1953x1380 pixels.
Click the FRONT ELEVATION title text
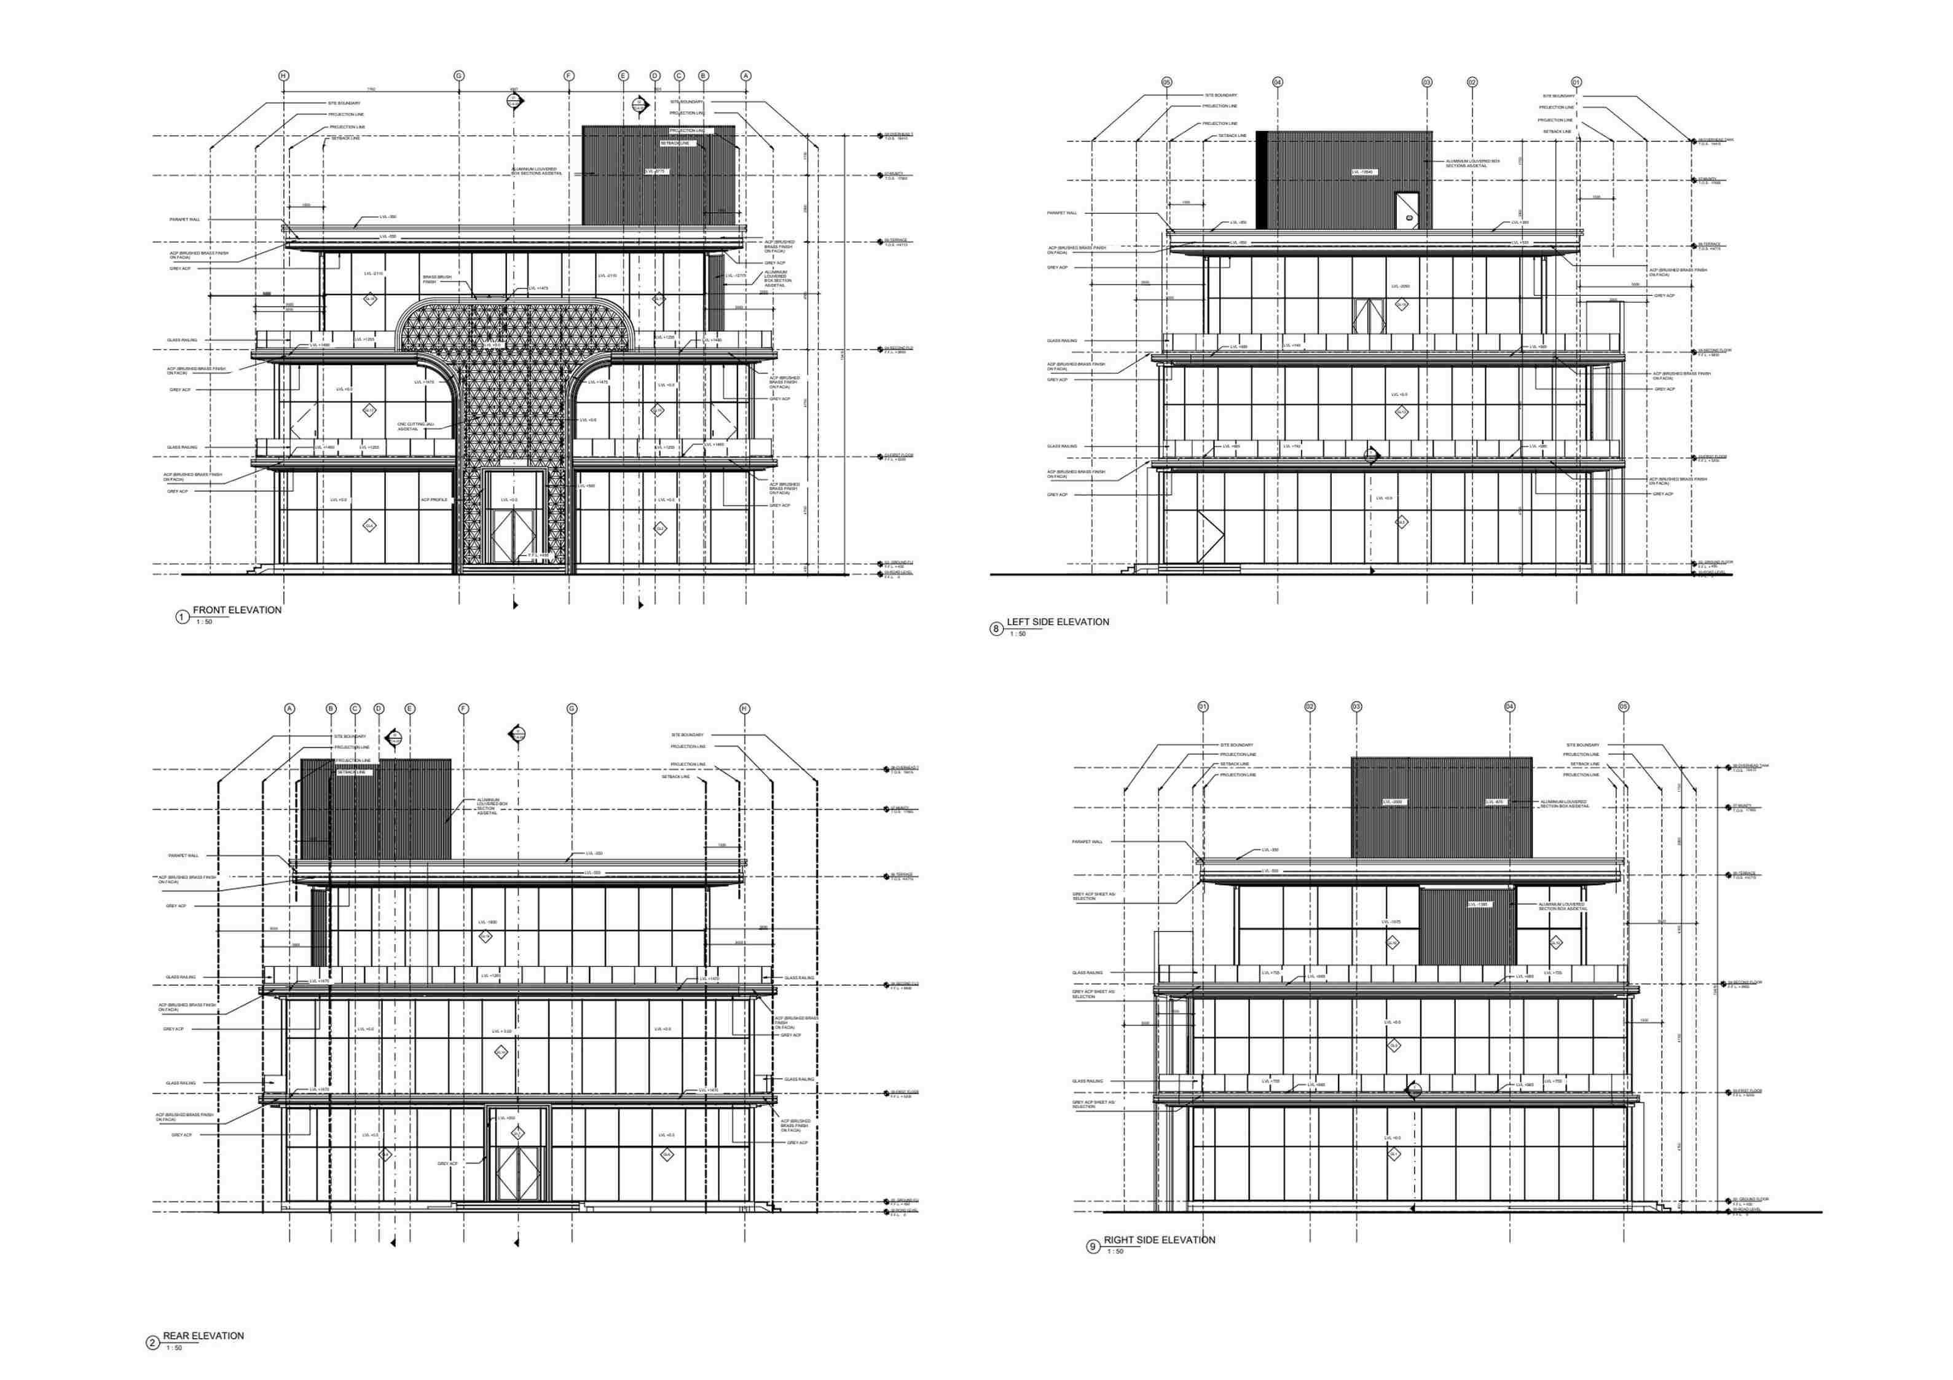[237, 610]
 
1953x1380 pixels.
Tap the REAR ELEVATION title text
[203, 1336]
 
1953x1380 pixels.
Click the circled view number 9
[1093, 1247]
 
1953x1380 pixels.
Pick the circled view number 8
[996, 629]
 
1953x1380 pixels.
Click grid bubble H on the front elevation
[284, 76]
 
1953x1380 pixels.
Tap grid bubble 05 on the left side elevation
[1167, 82]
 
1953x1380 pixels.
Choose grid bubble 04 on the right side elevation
[1510, 707]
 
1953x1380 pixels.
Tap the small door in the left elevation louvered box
[1407, 210]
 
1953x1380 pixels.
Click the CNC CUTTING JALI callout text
[415, 426]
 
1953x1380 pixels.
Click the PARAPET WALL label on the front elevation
[184, 219]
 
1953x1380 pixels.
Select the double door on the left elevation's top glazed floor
[1369, 315]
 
